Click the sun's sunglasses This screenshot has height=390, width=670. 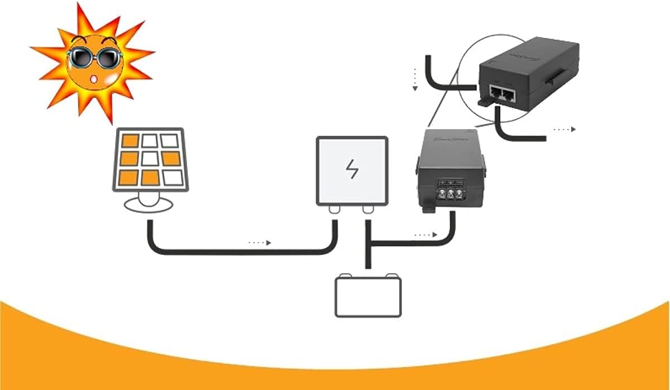click(93, 57)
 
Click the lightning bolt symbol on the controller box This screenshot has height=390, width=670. click(352, 169)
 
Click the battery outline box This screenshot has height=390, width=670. click(367, 297)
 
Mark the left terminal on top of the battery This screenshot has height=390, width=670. click(347, 275)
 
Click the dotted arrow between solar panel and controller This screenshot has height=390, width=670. click(260, 242)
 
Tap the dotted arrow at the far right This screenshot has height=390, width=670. click(564, 129)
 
